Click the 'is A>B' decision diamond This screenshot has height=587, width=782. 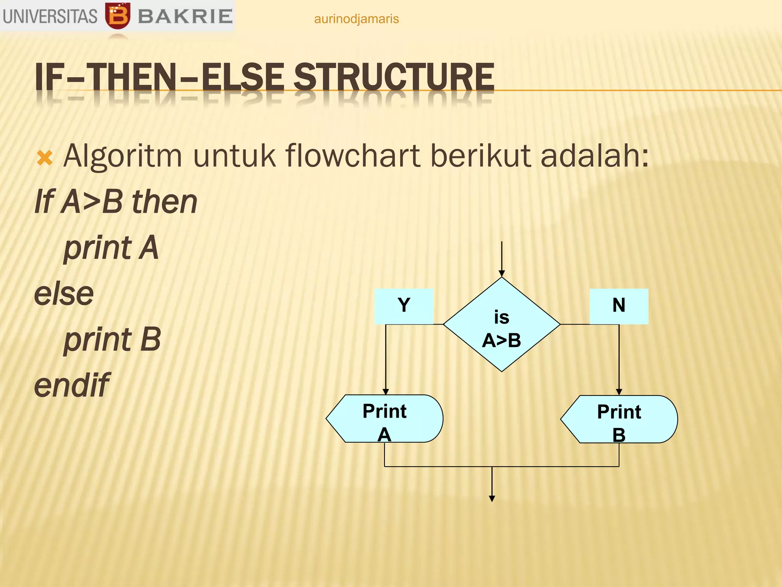501,324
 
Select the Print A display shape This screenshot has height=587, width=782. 385,419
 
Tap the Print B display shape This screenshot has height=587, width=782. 619,419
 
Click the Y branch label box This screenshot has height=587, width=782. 404,306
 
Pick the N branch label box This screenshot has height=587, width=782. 619,306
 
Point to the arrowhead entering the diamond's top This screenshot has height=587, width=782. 502,273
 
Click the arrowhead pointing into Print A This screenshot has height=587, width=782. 386,391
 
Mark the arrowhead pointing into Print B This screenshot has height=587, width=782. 619,392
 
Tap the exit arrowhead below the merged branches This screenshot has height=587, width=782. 492,498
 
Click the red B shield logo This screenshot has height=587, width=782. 118,16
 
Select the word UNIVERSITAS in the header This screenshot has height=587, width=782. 50,16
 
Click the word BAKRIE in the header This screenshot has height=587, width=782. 185,16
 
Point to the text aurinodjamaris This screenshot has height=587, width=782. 356,19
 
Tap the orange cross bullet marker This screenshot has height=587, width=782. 45,158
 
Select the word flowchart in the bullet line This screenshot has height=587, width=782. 353,156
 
